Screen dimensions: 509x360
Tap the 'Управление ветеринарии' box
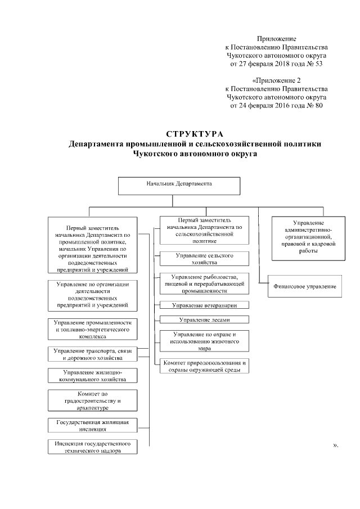coord(204,305)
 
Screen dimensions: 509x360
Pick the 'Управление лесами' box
coord(204,319)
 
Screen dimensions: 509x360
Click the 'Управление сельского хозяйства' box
coord(204,258)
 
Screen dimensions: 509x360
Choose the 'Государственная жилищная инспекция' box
coord(92,425)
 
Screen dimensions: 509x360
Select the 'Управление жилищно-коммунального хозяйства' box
coord(92,376)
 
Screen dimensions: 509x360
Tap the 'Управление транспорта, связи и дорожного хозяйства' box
coord(92,354)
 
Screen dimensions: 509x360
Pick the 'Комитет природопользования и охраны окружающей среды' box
coord(204,366)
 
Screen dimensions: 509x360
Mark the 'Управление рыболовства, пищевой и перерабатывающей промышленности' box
coord(204,283)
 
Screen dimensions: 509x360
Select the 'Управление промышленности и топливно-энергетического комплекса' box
coord(92,328)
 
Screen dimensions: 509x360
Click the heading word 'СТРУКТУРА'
coord(195,134)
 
